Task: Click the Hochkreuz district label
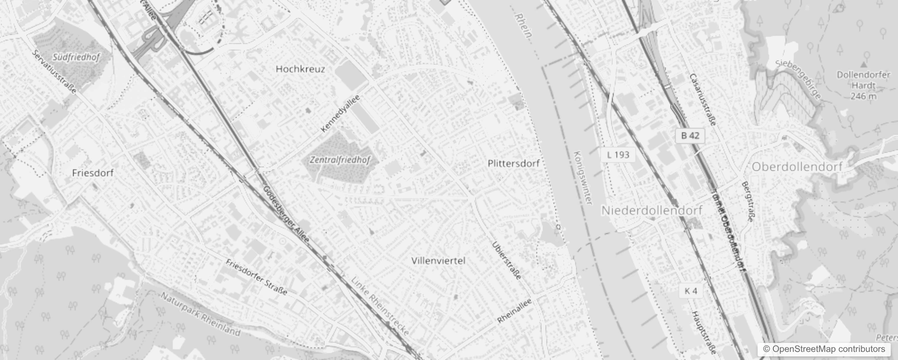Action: [300, 69]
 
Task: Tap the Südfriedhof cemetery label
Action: [76, 58]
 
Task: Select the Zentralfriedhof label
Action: [340, 160]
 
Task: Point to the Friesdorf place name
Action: [93, 173]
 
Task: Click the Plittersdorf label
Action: [513, 163]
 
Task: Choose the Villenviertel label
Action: [438, 261]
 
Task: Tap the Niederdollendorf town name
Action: [652, 210]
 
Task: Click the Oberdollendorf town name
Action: [797, 167]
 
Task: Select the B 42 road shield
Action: [690, 135]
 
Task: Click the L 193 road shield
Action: [618, 155]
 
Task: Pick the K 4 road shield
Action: [691, 291]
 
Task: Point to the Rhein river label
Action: [524, 26]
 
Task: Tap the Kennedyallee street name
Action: [341, 113]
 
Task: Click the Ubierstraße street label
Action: [507, 261]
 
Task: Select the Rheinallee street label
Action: [514, 311]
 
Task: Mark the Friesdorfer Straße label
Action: [256, 277]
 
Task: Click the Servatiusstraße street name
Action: [54, 72]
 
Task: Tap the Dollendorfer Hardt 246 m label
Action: [863, 85]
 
